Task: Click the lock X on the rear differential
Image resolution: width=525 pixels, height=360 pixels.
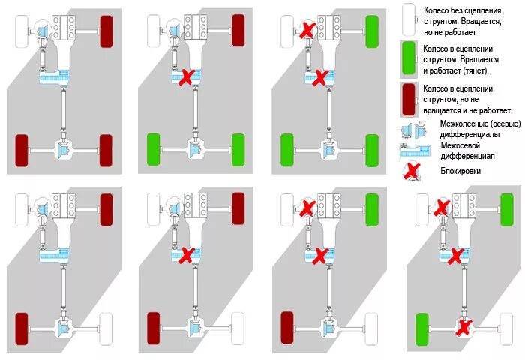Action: [x=464, y=327]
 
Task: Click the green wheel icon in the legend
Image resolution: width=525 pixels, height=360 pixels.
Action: [x=409, y=58]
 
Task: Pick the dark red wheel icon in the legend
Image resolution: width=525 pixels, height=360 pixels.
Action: [x=409, y=102]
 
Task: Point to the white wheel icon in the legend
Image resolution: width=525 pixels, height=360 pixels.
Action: [x=409, y=18]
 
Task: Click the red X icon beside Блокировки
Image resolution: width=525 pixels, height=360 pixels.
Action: [x=410, y=171]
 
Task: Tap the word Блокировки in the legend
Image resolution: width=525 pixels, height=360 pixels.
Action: [x=460, y=171]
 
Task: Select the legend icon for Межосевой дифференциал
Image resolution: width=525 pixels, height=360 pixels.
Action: [x=409, y=149]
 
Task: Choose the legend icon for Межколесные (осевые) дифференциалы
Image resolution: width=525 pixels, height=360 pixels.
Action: [x=409, y=130]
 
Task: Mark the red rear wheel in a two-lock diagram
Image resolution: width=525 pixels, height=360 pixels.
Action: [x=288, y=328]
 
